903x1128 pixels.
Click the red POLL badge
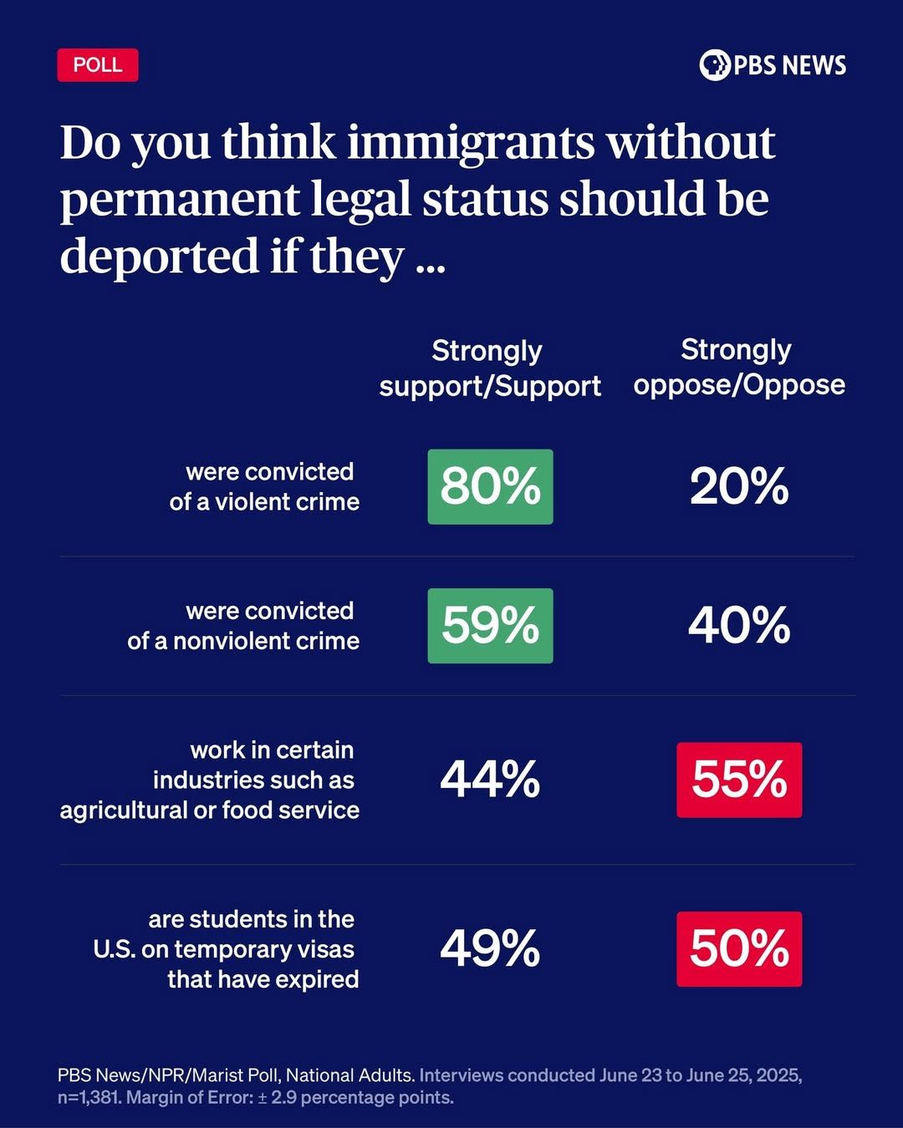coord(98,65)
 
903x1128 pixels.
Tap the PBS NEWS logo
coord(773,65)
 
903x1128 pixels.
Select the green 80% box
coord(490,486)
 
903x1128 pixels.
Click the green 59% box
coord(490,626)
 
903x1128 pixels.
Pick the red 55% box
coord(739,780)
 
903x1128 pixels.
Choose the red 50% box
coord(739,948)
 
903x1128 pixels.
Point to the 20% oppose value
coord(739,486)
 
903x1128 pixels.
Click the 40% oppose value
coord(739,626)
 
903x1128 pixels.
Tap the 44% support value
coord(490,780)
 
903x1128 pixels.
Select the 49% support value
coord(490,948)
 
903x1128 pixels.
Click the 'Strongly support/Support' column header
coord(490,368)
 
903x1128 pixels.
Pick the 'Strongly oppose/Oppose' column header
coord(739,367)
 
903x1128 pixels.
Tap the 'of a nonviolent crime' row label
coord(243,641)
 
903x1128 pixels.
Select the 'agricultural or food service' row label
coord(210,810)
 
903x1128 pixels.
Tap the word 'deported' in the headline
coord(159,256)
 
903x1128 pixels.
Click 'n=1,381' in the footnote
coord(89,1097)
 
